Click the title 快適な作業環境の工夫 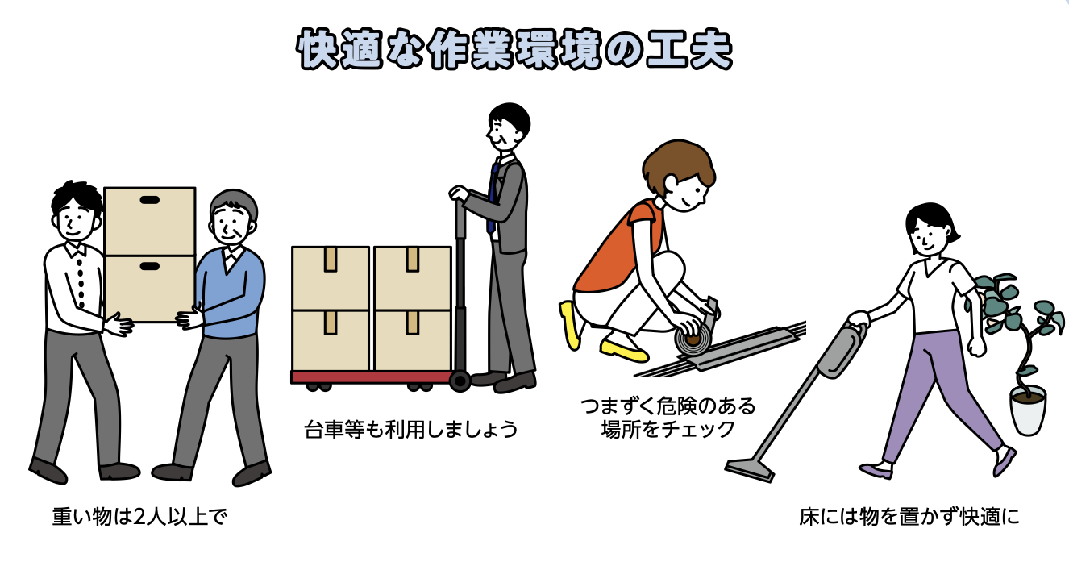tap(514, 49)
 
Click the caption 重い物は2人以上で tap(139, 517)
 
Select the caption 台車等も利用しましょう tap(411, 430)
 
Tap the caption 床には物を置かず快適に tap(909, 517)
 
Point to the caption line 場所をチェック tap(668, 430)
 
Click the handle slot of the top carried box tap(149, 200)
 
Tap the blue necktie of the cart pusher tap(492, 198)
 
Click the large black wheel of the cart tap(460, 381)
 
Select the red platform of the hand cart tap(372, 378)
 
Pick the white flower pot tap(1028, 410)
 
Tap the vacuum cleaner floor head tap(749, 469)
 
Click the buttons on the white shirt tap(80, 283)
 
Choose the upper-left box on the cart tap(331, 278)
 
